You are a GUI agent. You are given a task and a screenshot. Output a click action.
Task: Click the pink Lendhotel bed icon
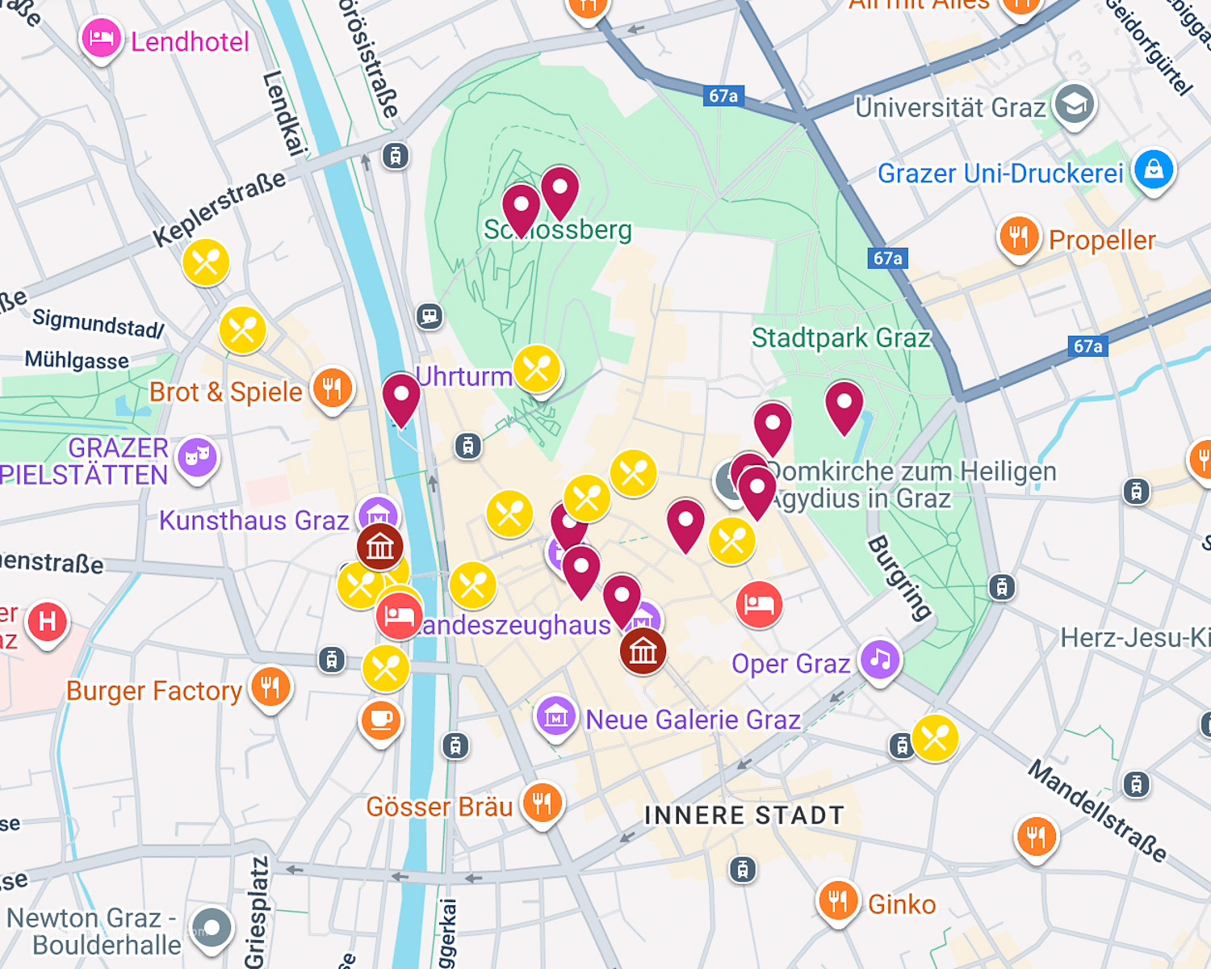pos(101,38)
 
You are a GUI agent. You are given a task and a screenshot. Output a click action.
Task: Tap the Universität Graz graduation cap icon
pos(1074,104)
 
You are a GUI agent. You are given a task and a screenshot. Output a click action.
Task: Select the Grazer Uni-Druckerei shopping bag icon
pos(1153,170)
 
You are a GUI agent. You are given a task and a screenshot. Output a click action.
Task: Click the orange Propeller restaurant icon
pos(1019,237)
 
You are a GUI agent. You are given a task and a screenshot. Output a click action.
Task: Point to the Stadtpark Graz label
pos(840,338)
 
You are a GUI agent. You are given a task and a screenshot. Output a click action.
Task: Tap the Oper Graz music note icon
pos(880,659)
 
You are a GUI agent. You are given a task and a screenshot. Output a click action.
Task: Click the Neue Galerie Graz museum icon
pos(555,716)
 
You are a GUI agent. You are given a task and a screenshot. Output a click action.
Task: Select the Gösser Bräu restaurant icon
pos(542,803)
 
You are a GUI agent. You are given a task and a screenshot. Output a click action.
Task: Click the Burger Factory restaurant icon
pos(270,687)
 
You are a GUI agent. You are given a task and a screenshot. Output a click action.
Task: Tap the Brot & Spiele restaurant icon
pos(332,388)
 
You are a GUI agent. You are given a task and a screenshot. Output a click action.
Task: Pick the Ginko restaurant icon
pos(837,900)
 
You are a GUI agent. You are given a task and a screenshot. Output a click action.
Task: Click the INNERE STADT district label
pos(744,816)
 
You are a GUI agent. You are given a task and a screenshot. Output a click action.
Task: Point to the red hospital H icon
pos(48,622)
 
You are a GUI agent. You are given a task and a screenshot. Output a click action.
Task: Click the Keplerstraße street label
pos(220,208)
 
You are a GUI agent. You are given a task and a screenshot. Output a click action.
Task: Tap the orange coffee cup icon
pos(381,718)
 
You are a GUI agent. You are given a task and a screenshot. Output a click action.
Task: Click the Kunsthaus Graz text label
pos(254,521)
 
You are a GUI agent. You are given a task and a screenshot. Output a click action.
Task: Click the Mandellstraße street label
pos(1097,811)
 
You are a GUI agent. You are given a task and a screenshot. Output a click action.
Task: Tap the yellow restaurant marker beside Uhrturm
pos(537,369)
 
